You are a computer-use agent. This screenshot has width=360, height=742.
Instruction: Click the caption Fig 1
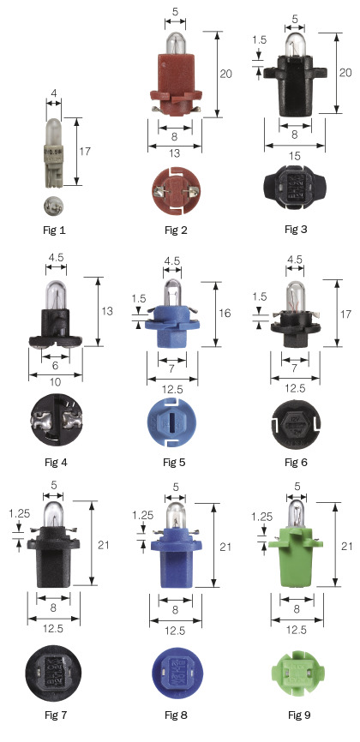53,231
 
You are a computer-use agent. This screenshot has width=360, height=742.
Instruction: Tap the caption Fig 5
175,462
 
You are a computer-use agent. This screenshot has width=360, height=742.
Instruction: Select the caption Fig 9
299,715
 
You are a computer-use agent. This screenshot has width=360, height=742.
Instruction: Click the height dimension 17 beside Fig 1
85,152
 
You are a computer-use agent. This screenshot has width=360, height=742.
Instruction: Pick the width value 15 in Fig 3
295,156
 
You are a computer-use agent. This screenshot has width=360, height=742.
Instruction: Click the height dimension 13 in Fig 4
108,311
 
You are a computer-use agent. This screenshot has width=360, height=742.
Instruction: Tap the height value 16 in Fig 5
225,313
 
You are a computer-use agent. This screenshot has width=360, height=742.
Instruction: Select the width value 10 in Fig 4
56,382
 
